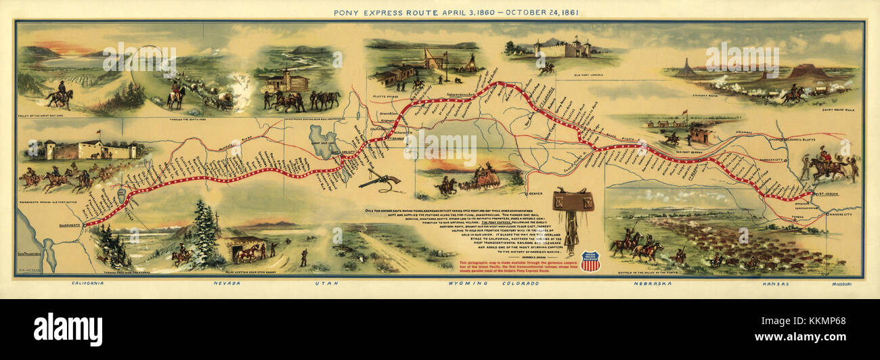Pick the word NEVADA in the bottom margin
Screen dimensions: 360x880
[x=226, y=283]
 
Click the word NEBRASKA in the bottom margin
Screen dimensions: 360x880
[x=653, y=283]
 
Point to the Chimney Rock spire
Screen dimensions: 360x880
[x=686, y=66]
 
